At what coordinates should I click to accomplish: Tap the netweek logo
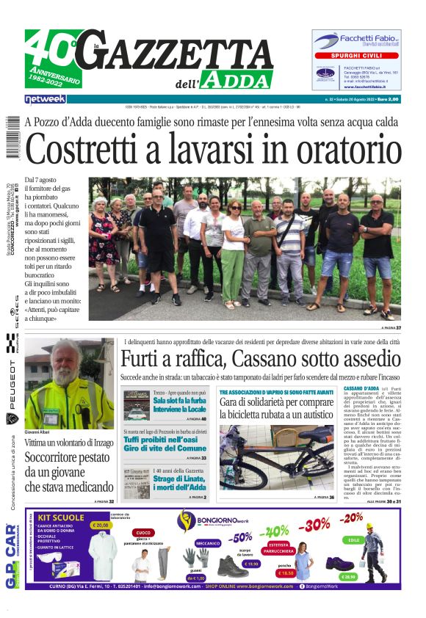45,98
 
